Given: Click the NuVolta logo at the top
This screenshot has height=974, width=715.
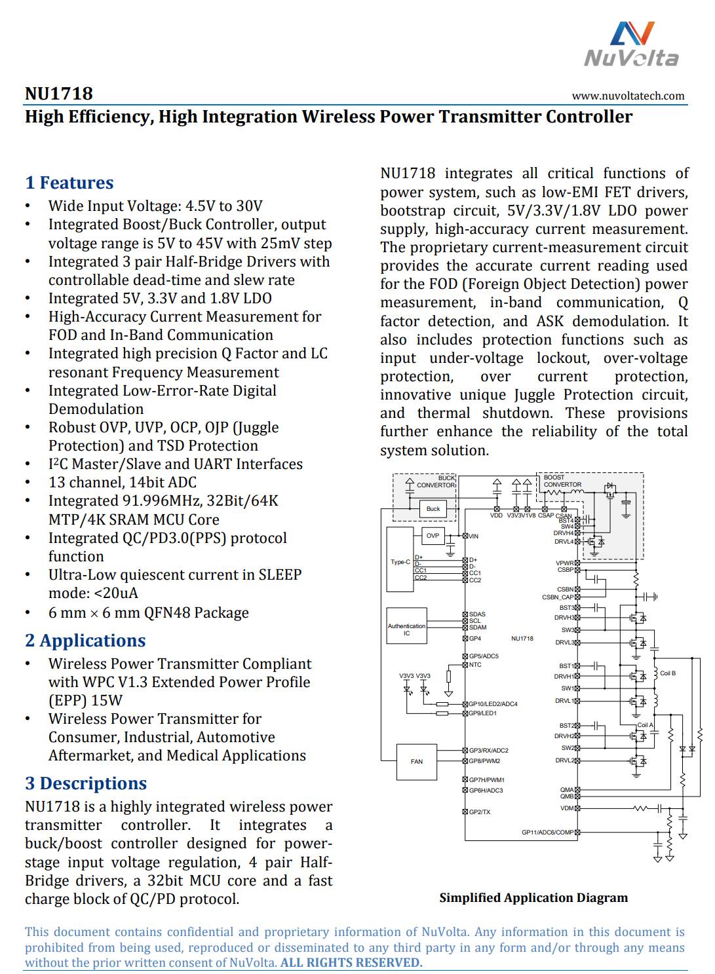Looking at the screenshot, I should coord(631,45).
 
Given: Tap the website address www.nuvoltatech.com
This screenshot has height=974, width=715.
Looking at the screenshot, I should coord(628,96).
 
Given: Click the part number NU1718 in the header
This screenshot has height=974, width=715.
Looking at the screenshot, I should coord(59,94).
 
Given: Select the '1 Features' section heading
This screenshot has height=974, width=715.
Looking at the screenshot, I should coord(69,183).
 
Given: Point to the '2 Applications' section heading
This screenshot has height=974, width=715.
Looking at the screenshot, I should coord(85,641).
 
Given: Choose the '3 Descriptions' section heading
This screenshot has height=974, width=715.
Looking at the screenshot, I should coord(86,783).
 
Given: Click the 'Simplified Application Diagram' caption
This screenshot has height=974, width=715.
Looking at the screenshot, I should coord(533,897).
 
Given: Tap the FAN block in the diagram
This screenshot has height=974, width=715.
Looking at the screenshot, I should coord(417,762).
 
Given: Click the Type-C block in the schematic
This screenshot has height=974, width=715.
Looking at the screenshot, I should coord(400,561).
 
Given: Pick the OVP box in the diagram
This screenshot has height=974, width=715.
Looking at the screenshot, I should coord(433,536).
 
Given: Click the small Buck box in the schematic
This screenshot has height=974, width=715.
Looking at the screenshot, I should coord(433,509).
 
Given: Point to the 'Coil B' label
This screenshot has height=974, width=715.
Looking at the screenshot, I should coord(667,673).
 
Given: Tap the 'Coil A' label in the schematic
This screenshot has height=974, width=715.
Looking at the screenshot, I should coord(645,725).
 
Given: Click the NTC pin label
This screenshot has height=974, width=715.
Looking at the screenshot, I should coord(475,665).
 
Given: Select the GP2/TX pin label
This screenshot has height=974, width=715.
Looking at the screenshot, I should coord(479,812).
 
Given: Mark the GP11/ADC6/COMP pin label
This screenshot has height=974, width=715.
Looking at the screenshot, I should coord(547,833).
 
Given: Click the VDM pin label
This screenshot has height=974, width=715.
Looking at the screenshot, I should coord(567,808).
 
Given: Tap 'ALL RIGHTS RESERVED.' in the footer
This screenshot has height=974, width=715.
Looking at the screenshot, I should coord(351,963).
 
